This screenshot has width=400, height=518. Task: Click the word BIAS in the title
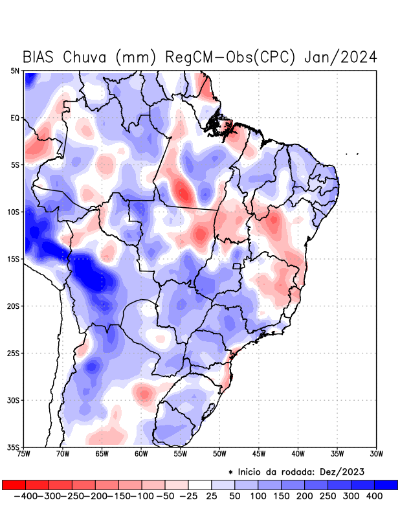(x=39, y=57)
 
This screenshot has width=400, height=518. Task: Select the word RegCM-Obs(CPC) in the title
(x=231, y=57)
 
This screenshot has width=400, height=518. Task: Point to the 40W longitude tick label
(x=298, y=454)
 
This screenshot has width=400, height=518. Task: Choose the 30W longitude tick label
(x=377, y=454)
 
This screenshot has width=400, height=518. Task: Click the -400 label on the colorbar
(x=27, y=496)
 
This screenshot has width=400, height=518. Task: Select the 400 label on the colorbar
(x=373, y=496)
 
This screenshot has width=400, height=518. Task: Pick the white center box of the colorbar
(x=200, y=485)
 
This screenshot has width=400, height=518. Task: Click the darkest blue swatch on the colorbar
(x=386, y=485)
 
